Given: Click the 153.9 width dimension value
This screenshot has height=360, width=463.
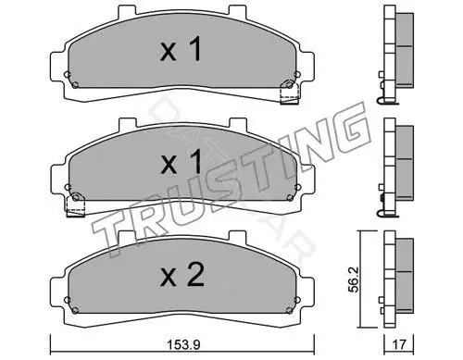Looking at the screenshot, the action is tap(183, 344).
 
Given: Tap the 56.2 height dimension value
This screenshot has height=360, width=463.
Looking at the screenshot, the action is tap(354, 279).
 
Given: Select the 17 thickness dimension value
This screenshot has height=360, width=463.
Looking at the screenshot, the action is tap(399, 344).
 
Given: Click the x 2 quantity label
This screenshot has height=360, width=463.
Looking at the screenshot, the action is tap(182, 277).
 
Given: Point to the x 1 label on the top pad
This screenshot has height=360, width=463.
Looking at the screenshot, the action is tap(181, 49).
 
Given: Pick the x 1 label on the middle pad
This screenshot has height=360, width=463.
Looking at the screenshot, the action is tap(181, 163).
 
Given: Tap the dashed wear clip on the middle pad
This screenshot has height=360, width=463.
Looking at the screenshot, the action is tap(76, 205).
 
